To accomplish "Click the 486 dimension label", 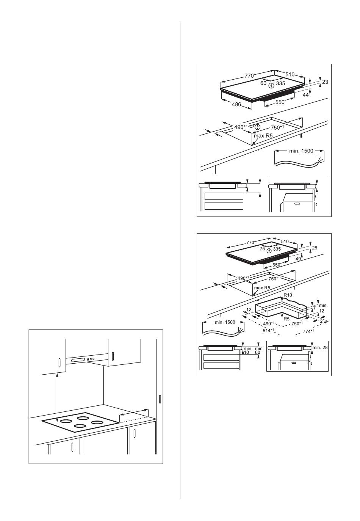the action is [236, 105].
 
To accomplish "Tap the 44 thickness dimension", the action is [305, 95].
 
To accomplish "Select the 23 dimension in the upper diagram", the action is [325, 82].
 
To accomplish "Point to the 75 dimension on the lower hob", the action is [262, 249].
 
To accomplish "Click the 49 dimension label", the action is [298, 259].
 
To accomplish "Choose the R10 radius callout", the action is [288, 295].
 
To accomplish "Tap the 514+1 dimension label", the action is [269, 330].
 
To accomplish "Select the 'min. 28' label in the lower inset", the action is [320, 348].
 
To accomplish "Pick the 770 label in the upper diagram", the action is [249, 76].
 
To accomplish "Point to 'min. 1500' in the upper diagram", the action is [301, 151].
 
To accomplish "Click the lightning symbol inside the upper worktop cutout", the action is [258, 127].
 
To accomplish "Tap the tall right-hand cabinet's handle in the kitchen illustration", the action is [160, 399].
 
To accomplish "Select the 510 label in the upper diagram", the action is [290, 75].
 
